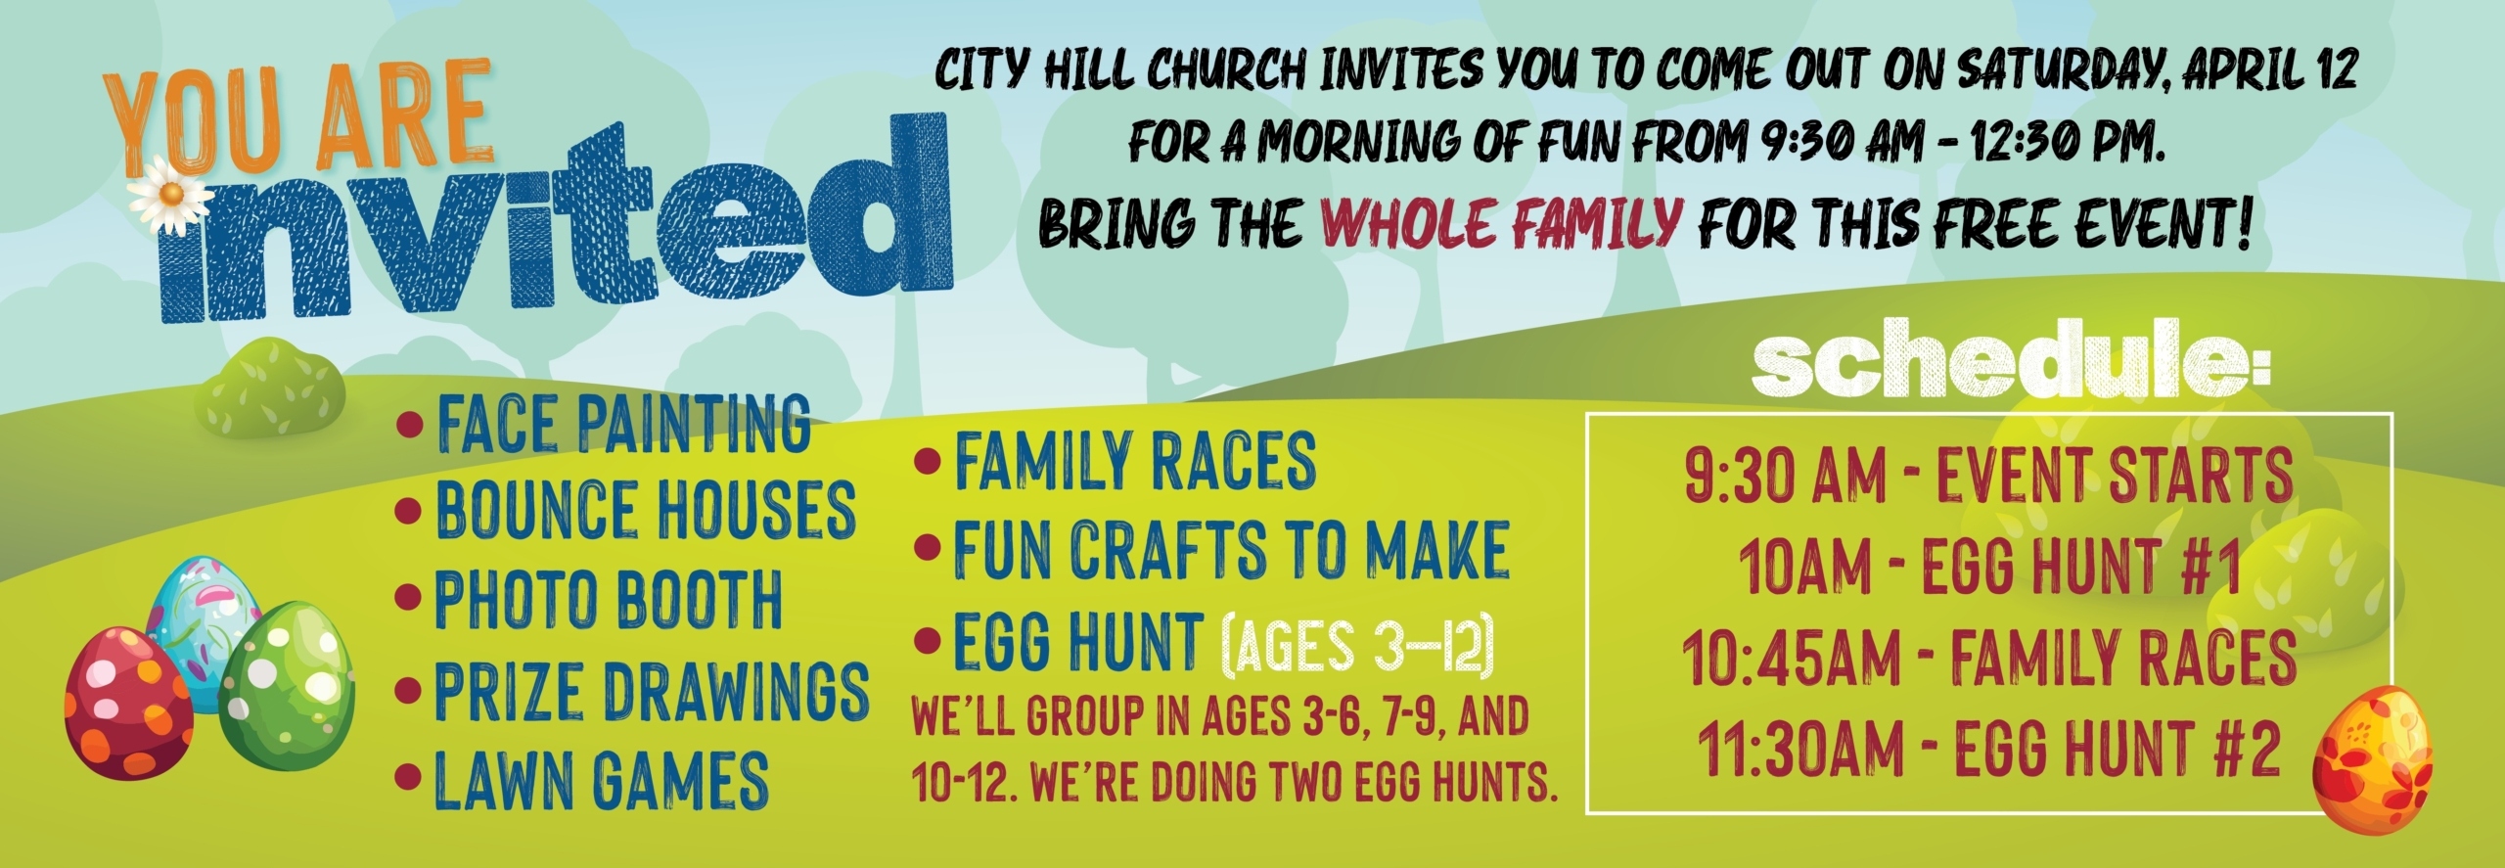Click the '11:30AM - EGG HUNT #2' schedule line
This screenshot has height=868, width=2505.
point(1989,749)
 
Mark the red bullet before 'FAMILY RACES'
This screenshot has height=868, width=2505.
point(926,459)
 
